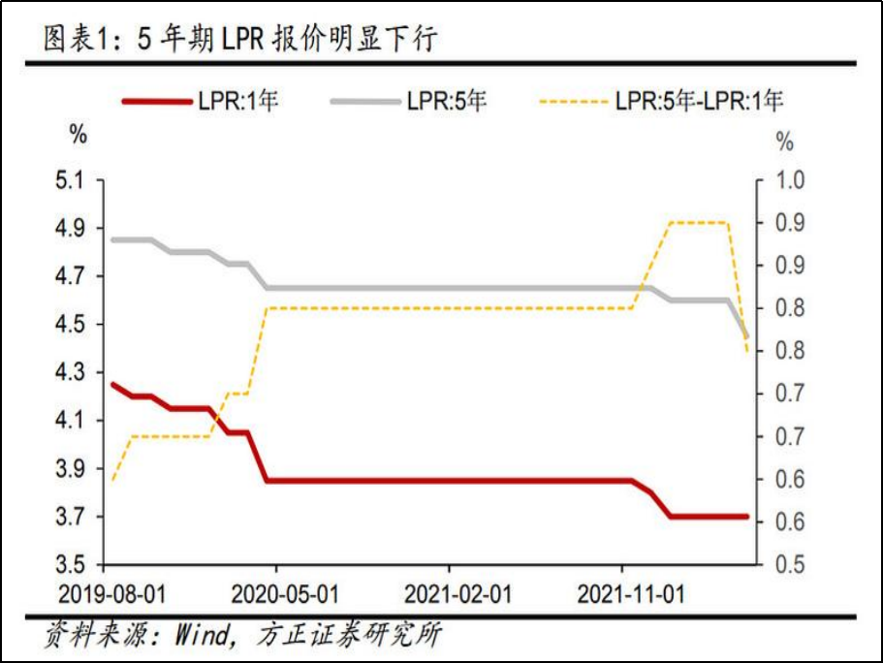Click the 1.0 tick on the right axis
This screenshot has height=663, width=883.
pos(792,180)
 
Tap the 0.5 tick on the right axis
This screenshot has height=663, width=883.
pos(792,564)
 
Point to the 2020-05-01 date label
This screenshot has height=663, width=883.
pos(276,593)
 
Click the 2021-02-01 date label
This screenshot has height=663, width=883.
pos(449,593)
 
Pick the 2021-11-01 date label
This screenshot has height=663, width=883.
pos(621,593)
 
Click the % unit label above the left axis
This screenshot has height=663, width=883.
pos(79,136)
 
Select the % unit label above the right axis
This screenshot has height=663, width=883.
pos(785,142)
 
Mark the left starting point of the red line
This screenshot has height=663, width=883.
pos(112,384)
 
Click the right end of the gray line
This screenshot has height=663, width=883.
pos(746,335)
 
